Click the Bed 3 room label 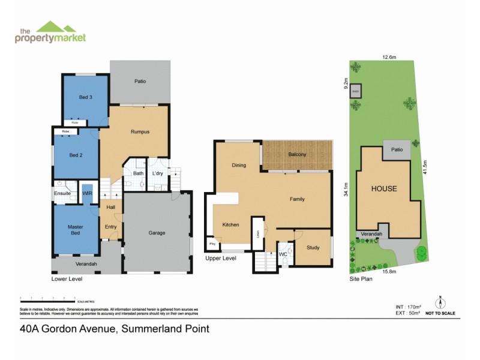tap(85, 97)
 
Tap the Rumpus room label tap(140, 132)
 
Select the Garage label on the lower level tap(157, 233)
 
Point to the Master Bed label tap(76, 230)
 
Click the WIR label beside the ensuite tap(87, 193)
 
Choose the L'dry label tap(158, 173)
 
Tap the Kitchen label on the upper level tap(230, 224)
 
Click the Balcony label tap(297, 154)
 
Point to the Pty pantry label tap(212, 244)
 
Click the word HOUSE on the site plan tap(383, 188)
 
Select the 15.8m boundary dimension tap(389, 272)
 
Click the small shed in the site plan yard tap(355, 91)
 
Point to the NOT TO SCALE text tap(440, 313)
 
